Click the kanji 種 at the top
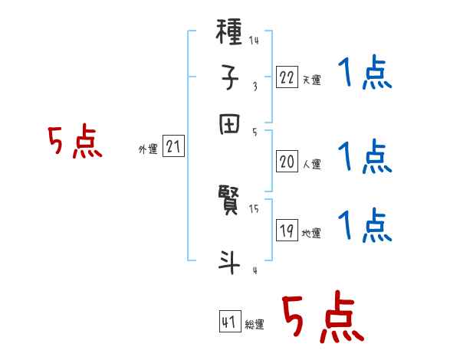pyautogui.click(x=231, y=34)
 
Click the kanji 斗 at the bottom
pyautogui.click(x=231, y=262)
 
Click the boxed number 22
pyautogui.click(x=287, y=77)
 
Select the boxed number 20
pyautogui.click(x=287, y=162)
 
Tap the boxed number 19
pyautogui.click(x=287, y=231)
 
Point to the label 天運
pyautogui.click(x=312, y=80)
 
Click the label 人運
pyautogui.click(x=312, y=164)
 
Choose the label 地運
pyautogui.click(x=312, y=234)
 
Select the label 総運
pyautogui.click(x=255, y=324)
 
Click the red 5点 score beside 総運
pyautogui.click(x=323, y=319)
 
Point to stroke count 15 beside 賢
pyautogui.click(x=254, y=208)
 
